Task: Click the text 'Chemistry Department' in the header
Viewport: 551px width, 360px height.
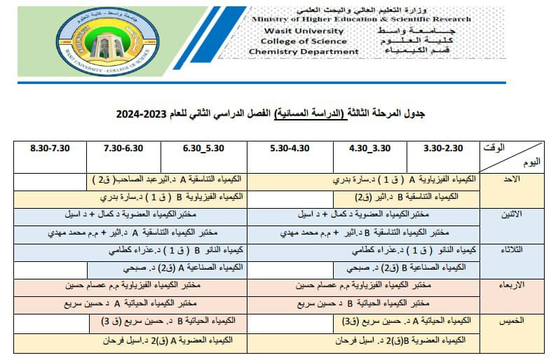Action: (x=304, y=52)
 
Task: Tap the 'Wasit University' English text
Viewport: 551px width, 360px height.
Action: (x=294, y=31)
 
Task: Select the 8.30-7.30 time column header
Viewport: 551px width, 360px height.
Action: (x=51, y=149)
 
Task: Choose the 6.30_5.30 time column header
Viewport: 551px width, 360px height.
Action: (x=203, y=149)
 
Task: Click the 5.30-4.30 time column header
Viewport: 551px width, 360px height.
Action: (x=289, y=149)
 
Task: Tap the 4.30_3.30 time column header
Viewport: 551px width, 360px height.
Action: (x=370, y=149)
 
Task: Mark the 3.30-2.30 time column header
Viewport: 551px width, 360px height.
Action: (x=444, y=149)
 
